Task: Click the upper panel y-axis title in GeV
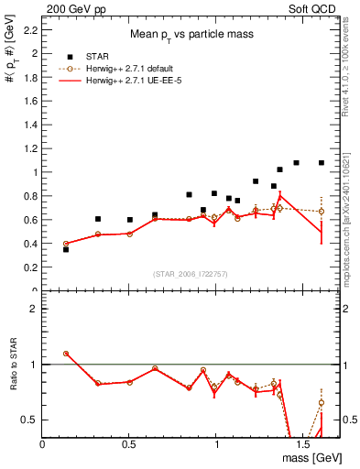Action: click(x=12, y=88)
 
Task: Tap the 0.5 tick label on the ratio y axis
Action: click(x=31, y=420)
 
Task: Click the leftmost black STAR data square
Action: click(x=66, y=249)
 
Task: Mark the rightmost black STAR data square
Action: click(x=322, y=163)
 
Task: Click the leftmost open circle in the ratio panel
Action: click(x=66, y=354)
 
